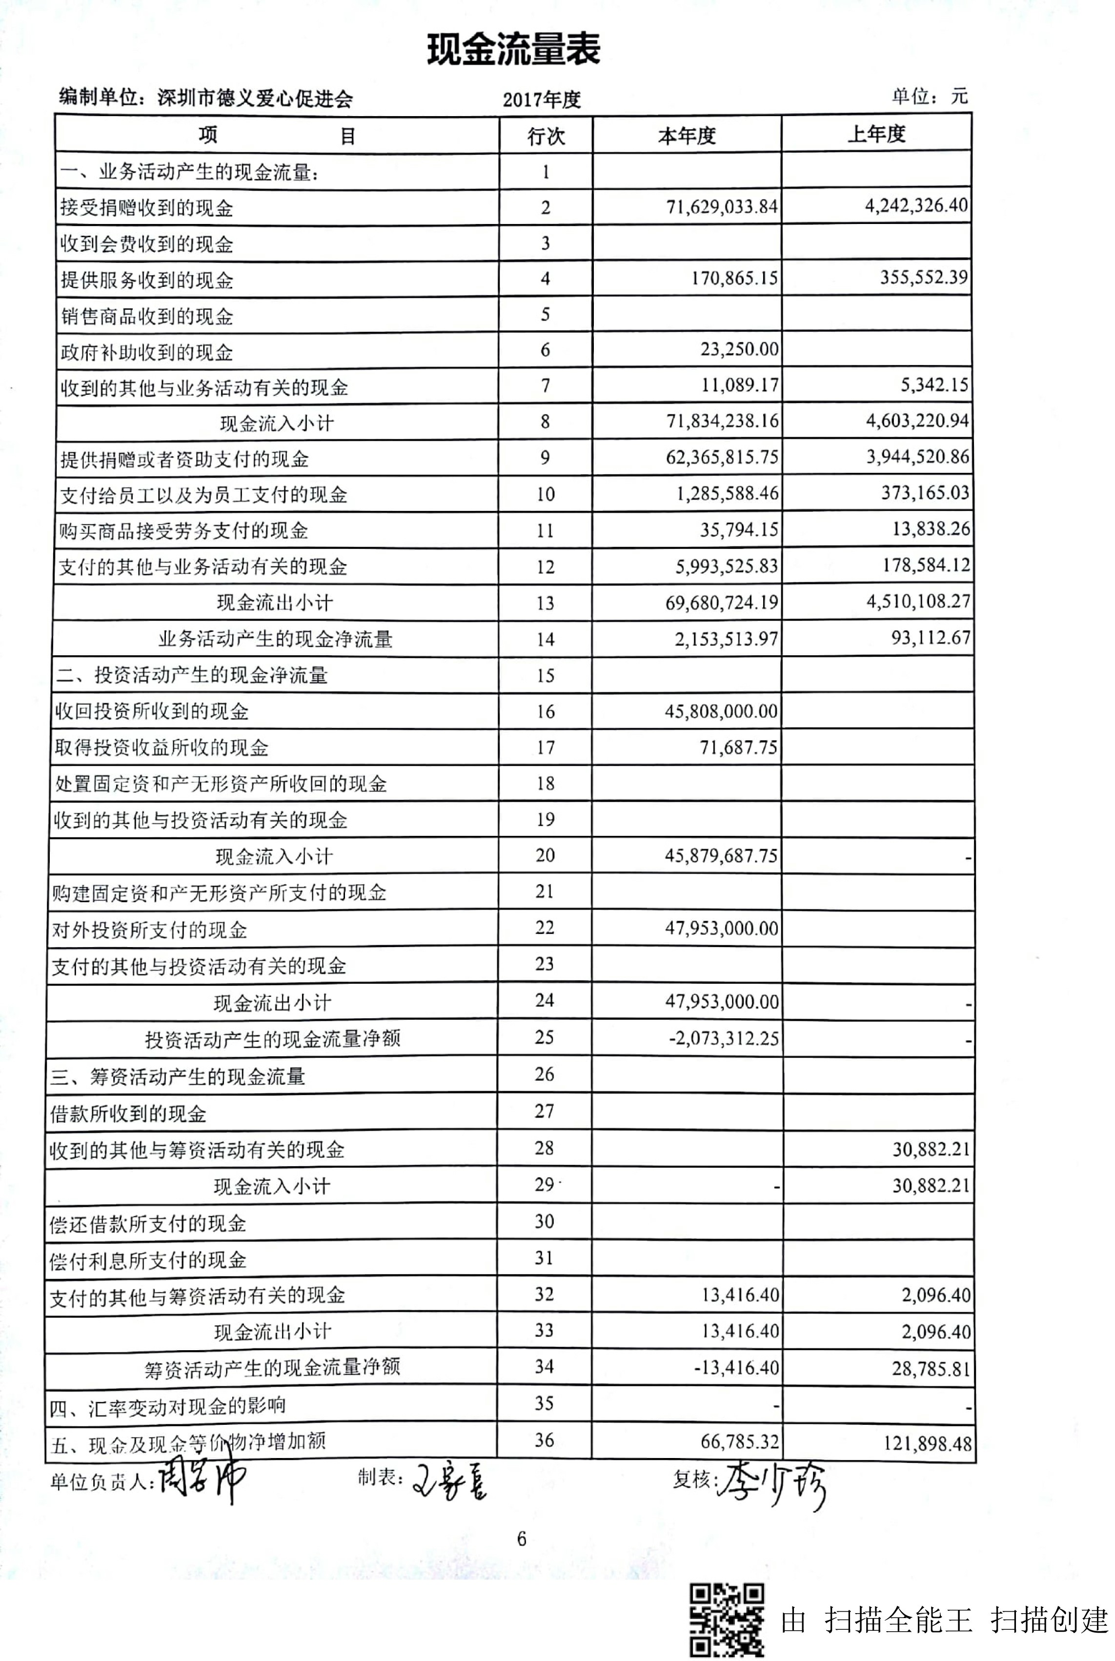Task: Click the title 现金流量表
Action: coord(513,50)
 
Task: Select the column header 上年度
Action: coord(876,134)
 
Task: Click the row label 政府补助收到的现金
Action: coord(146,352)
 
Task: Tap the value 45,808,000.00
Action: coord(721,711)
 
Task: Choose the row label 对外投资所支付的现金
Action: coord(149,930)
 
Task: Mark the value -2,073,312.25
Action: coord(723,1038)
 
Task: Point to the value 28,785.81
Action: coord(931,1368)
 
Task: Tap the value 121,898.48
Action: coord(927,1443)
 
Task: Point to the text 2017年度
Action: coord(542,100)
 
